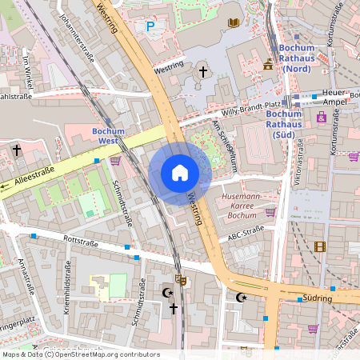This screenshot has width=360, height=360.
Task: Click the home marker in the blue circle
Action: click(x=180, y=173)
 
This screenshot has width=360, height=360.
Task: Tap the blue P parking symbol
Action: click(x=150, y=26)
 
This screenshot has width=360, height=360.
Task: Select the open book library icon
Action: click(x=234, y=23)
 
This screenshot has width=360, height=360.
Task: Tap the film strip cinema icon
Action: click(x=320, y=247)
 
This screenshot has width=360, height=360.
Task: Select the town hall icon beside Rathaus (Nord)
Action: click(x=267, y=62)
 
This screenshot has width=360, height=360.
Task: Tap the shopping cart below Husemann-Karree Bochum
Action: click(x=270, y=213)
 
